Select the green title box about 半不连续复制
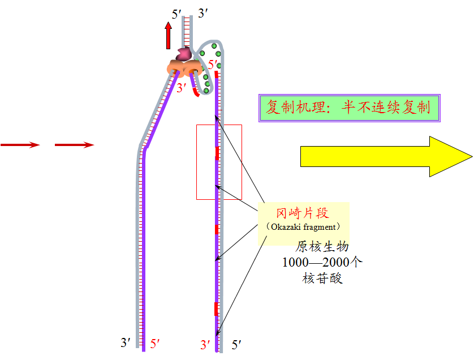(349, 108)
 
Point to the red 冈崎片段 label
(302, 213)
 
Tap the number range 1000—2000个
(322, 263)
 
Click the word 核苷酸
(322, 278)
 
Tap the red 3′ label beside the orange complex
(181, 88)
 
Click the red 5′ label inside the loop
(213, 65)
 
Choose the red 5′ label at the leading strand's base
(156, 343)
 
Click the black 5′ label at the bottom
(236, 344)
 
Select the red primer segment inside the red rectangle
(217, 153)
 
